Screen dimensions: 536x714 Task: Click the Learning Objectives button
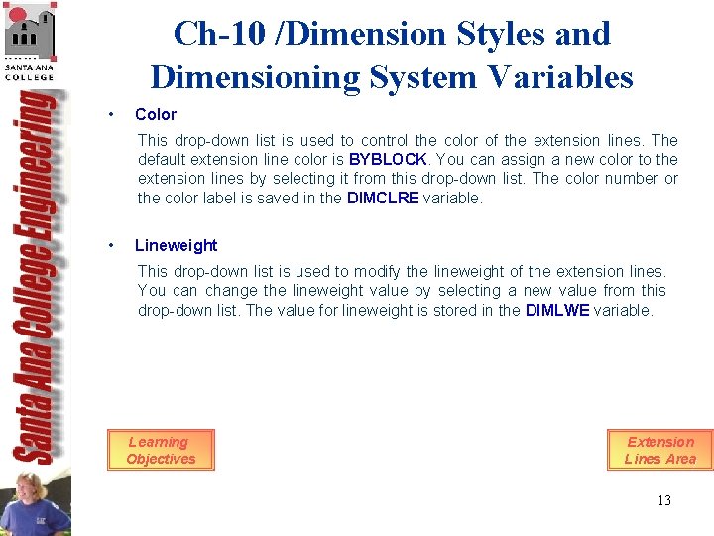160,450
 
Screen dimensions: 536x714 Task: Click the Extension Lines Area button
659,450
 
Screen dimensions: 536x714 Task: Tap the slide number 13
663,500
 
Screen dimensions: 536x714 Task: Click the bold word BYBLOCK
388,159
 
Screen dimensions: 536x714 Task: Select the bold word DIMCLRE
383,198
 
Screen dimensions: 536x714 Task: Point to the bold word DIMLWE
556,310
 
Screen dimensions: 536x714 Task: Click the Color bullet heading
155,114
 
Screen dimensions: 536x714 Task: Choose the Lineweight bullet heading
176,245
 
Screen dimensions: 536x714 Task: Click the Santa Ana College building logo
30,40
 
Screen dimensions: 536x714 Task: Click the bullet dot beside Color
114,114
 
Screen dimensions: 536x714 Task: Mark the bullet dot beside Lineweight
114,245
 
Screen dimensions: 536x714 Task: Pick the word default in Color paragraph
163,159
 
